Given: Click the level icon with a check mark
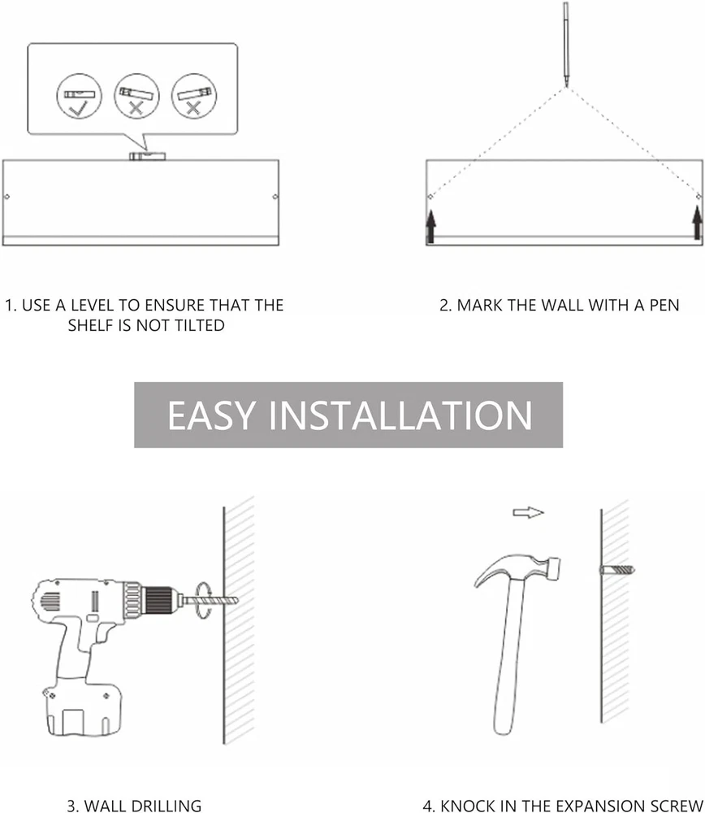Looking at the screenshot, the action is [80, 97].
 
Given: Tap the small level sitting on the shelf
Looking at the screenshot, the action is [148, 156].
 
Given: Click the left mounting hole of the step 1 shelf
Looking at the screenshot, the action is [6, 197].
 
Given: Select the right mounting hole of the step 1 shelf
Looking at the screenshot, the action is [275, 197].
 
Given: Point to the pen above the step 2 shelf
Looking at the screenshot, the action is [565, 44].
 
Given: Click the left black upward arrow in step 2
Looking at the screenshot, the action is [430, 226].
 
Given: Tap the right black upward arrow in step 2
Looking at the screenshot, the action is [697, 223].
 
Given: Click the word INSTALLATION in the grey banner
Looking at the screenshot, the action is [400, 415].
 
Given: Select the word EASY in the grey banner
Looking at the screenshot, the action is [211, 415].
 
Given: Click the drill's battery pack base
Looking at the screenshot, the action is [84, 711].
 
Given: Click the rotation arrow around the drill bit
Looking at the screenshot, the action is [204, 600].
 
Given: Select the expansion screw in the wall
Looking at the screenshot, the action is [617, 570].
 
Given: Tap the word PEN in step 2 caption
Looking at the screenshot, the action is [664, 305].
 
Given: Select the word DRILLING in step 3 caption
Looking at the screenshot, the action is [166, 806].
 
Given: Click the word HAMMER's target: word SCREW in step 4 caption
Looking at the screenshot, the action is [677, 806].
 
